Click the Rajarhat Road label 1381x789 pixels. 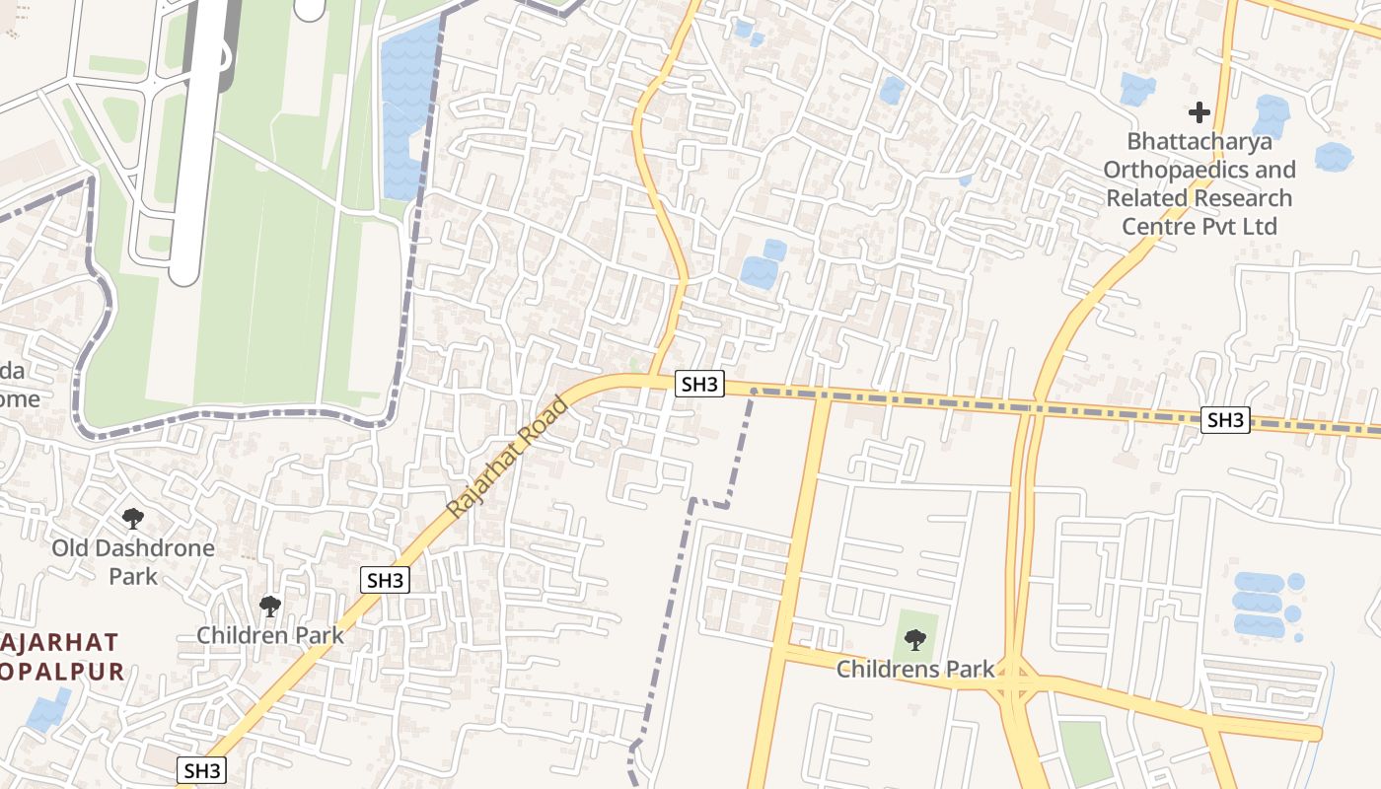pyautogui.click(x=508, y=458)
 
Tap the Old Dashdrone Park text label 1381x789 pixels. pyautogui.click(x=133, y=561)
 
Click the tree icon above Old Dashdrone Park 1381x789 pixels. pyautogui.click(x=132, y=518)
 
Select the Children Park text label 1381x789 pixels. pyautogui.click(x=270, y=634)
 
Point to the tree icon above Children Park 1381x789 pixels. pyautogui.click(x=269, y=607)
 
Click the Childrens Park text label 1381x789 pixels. pyautogui.click(x=915, y=670)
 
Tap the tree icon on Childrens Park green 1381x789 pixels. pyautogui.click(x=915, y=640)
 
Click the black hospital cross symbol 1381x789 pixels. pyautogui.click(x=1199, y=112)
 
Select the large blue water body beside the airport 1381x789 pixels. pyautogui.click(x=406, y=108)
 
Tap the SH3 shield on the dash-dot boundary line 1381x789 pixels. pyautogui.click(x=1225, y=420)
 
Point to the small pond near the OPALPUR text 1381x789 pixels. pyautogui.click(x=47, y=712)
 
